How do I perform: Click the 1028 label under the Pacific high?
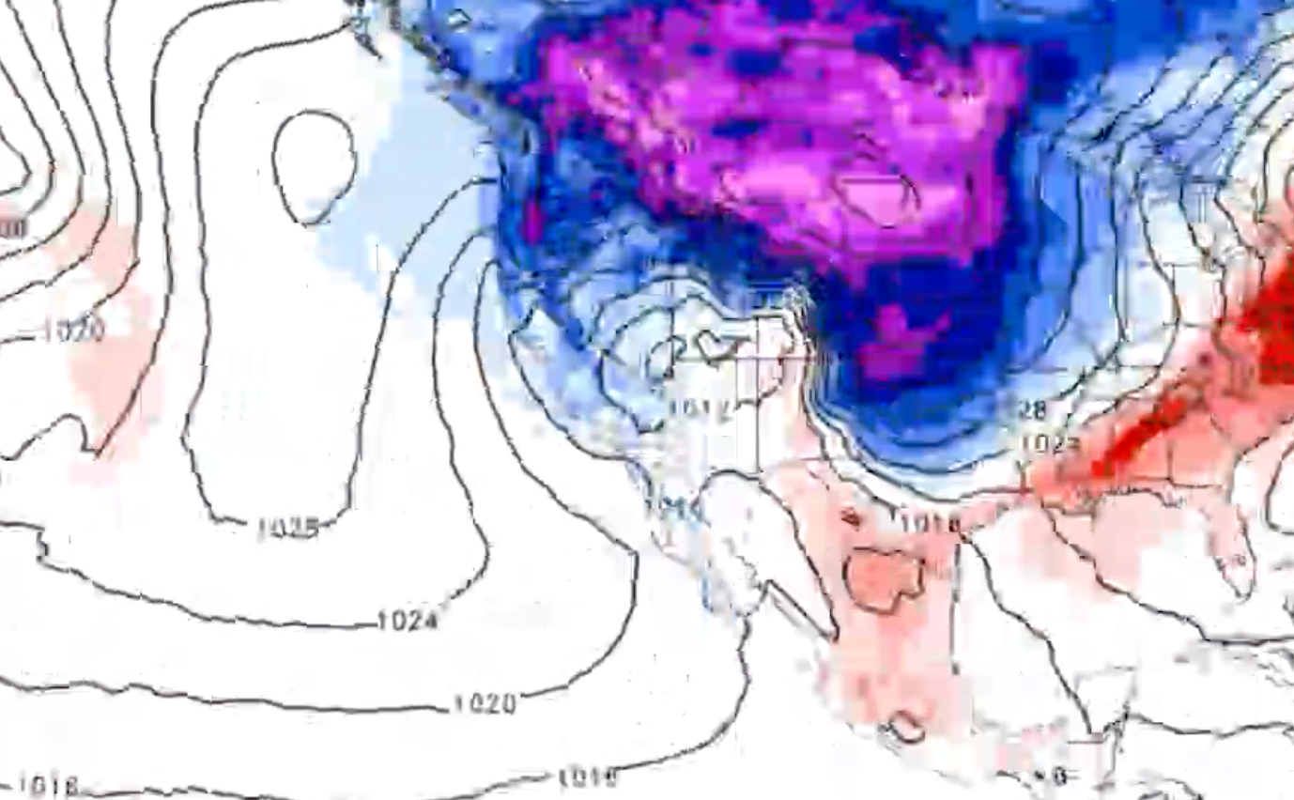[x=287, y=529]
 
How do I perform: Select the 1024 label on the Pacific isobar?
[x=408, y=621]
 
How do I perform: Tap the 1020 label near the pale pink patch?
[x=73, y=330]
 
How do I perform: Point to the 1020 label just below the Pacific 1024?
[x=485, y=703]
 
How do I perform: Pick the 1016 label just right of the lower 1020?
[x=588, y=777]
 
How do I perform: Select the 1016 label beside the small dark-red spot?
[x=930, y=521]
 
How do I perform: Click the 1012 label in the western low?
[x=701, y=408]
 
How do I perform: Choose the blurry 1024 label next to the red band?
[x=1050, y=443]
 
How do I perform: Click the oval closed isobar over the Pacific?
[x=314, y=167]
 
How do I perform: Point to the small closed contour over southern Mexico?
[x=907, y=726]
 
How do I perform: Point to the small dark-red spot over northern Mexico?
[x=850, y=515]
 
